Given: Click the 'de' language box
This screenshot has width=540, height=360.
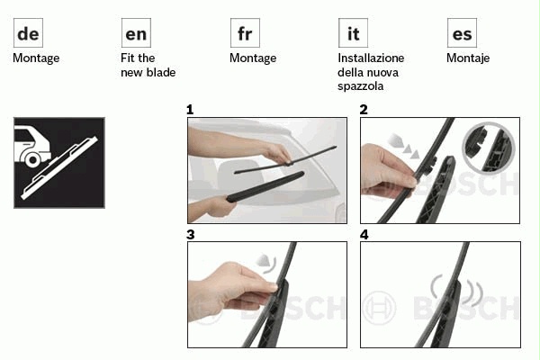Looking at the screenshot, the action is tap(28, 33).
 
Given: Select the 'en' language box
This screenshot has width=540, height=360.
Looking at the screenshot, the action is tap(136, 33).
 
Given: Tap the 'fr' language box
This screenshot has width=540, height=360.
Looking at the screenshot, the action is tap(245, 33).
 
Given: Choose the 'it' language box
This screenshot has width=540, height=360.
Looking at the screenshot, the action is tap(353, 33).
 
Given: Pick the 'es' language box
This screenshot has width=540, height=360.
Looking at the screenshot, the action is tap(462, 33).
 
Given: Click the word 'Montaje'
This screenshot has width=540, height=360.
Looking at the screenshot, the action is tap(468, 58).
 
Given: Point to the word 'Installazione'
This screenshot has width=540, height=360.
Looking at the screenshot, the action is tap(371, 58).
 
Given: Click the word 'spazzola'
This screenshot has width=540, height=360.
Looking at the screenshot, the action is tap(361, 86).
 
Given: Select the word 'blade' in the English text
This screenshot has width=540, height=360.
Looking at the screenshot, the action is tap(161, 72).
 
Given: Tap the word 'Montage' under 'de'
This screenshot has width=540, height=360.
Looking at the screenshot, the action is tap(36, 58).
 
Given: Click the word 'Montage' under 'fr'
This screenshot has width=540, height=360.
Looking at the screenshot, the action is tap(253, 58).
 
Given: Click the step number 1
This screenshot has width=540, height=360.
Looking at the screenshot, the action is tap(190, 110).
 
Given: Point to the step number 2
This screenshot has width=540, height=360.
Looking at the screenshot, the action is tap(364, 110).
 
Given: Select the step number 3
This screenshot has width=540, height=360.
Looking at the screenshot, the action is tap(191, 235).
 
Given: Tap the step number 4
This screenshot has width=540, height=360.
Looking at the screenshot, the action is tap(364, 235).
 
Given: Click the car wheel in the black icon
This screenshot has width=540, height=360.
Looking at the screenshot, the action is tap(32, 159).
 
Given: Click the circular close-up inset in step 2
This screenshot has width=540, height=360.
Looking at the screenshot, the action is tap(489, 148).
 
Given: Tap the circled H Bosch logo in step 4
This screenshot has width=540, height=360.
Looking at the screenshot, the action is tap(379, 307).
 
